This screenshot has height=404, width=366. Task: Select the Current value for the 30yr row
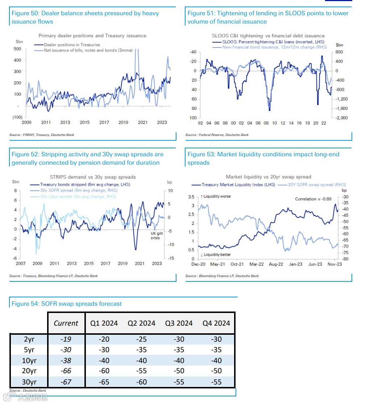tap(66, 382)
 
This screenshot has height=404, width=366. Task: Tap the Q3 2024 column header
tap(179, 323)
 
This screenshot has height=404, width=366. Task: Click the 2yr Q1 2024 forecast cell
tap(104, 339)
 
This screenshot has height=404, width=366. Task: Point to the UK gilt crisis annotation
tap(157, 236)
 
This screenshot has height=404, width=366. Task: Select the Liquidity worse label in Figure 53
tap(217, 197)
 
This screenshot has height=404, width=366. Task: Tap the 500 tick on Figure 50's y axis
tap(17, 49)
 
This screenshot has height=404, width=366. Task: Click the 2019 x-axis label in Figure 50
tap(123, 123)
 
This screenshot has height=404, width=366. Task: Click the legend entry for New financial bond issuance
tap(274, 47)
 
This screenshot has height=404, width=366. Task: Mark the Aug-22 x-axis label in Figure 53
tap(276, 264)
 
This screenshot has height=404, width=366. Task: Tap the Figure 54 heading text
tap(67, 304)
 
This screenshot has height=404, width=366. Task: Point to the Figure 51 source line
tap(217, 135)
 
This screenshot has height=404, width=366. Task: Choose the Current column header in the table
tap(66, 323)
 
